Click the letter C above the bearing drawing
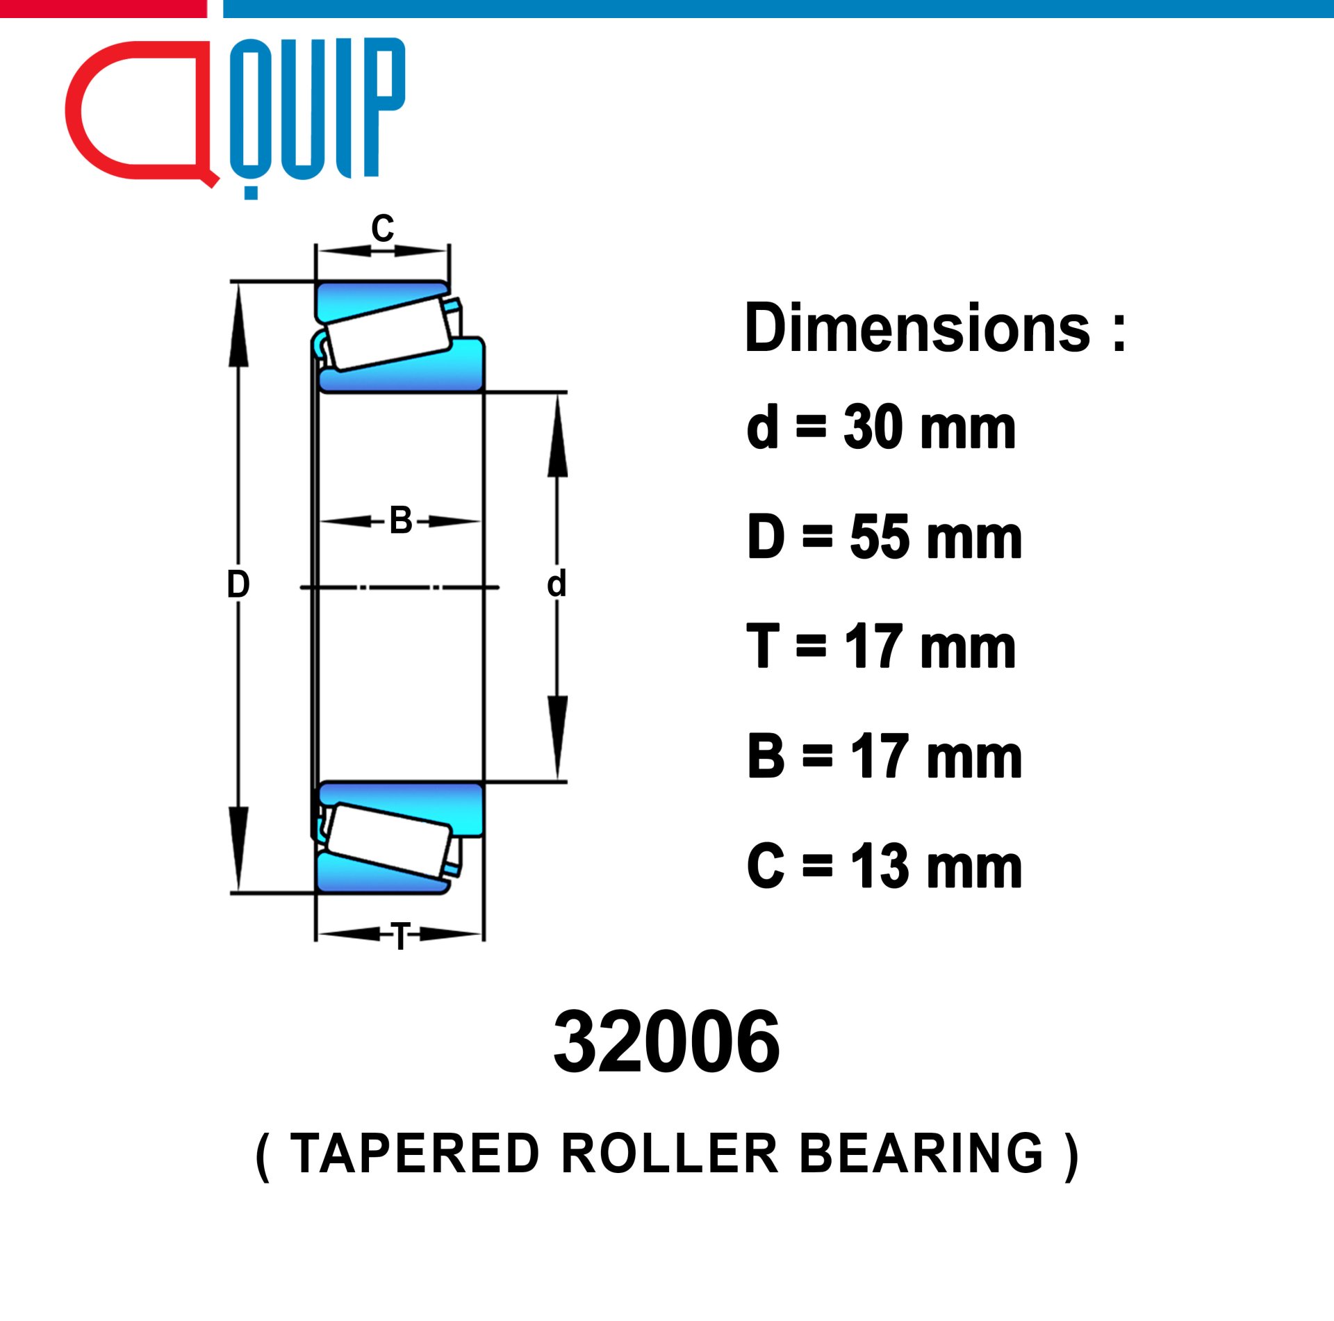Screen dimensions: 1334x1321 pyautogui.click(x=382, y=229)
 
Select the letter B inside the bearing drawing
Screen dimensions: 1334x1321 pyautogui.click(x=401, y=520)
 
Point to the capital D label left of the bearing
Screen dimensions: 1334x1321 pyautogui.click(x=238, y=584)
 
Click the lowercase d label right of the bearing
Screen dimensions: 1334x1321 pyautogui.click(x=557, y=584)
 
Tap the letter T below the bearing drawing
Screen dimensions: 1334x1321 pyautogui.click(x=401, y=936)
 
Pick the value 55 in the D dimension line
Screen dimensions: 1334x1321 pyautogui.click(x=879, y=536)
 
